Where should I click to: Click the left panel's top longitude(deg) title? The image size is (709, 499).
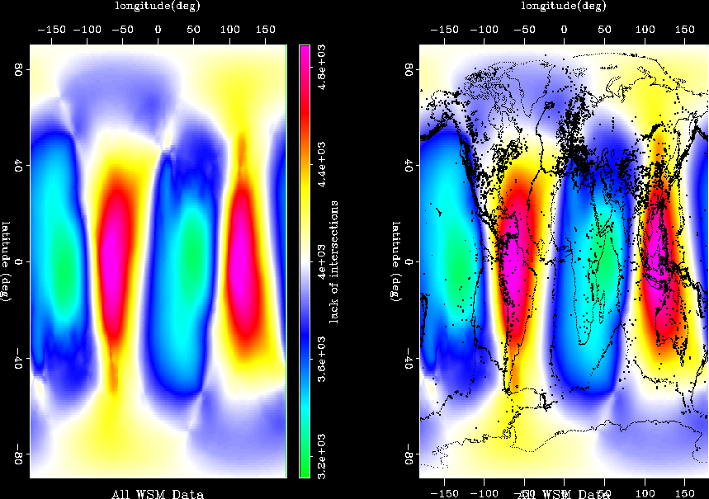158,7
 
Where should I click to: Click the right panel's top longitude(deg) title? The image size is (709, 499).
564,7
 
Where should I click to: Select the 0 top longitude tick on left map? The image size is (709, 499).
158,29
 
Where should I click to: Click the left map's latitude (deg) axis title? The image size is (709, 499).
7,261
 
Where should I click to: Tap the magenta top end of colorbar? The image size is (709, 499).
304,49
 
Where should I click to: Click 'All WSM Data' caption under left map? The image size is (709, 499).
158,493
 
